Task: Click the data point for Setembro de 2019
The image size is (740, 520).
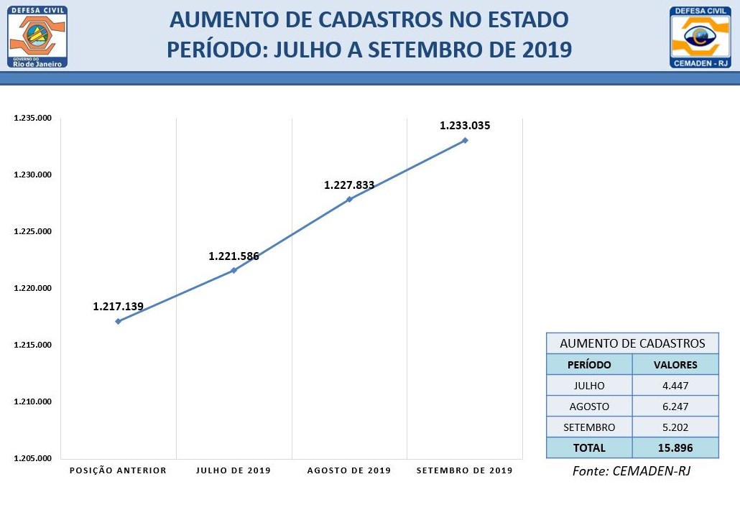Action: point(465,140)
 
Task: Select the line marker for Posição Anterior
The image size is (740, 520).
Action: point(118,321)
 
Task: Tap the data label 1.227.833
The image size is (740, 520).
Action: point(349,185)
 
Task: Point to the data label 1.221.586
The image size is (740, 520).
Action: point(233,256)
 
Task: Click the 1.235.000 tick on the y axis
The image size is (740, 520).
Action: point(33,119)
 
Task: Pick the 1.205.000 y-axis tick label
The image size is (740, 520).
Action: point(33,458)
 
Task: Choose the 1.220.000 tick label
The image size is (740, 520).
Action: point(33,288)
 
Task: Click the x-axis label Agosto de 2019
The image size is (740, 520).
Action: point(349,470)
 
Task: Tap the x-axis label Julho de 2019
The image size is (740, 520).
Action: point(233,470)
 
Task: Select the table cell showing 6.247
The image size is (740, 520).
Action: point(675,406)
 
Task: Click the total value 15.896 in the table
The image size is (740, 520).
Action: point(675,447)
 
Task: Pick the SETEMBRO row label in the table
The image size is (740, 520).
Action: point(589,427)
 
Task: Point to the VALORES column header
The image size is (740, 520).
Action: point(675,364)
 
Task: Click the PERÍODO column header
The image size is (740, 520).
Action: point(589,364)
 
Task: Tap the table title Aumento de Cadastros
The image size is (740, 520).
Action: point(632,343)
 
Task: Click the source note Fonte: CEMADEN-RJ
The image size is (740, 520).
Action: point(632,471)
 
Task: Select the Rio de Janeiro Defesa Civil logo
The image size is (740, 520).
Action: point(38,37)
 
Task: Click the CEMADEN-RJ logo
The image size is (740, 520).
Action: point(700,37)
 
